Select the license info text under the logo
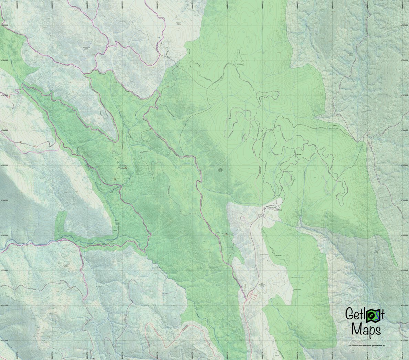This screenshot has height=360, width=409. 366,345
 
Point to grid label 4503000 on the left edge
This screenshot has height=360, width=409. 4,25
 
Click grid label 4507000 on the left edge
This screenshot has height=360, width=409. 4,166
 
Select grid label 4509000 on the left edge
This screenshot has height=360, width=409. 4,236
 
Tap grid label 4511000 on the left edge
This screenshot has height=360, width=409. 4,305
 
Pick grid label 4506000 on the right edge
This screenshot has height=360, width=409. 404,130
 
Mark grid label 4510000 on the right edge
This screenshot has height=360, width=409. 404,271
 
